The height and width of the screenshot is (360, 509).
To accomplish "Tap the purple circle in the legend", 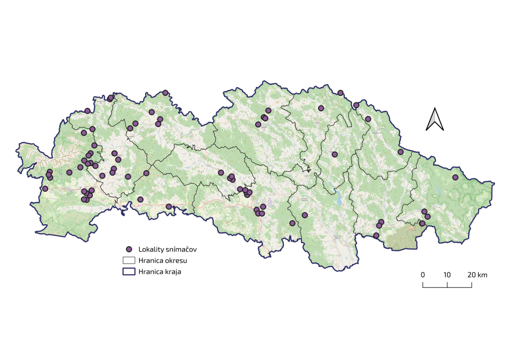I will (x=129, y=249).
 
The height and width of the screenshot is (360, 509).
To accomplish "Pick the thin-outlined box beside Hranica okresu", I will (x=129, y=260).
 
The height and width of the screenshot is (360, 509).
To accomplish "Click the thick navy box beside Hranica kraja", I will (x=129, y=271).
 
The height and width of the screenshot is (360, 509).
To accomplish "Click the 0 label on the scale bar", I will (x=423, y=275).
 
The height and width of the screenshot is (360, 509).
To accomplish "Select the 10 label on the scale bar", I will (x=447, y=275).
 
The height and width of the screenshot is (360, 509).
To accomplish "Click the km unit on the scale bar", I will (x=482, y=275).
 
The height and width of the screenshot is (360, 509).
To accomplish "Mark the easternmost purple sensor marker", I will (x=455, y=178).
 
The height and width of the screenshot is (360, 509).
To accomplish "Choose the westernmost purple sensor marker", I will (x=45, y=188).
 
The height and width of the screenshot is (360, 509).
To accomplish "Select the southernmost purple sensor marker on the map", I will (x=376, y=236).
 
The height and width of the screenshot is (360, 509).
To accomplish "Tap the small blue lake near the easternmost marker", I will (x=439, y=190).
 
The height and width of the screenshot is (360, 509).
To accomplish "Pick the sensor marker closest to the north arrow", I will (x=401, y=152).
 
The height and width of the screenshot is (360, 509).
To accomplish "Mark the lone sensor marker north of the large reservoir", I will (x=335, y=154).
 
